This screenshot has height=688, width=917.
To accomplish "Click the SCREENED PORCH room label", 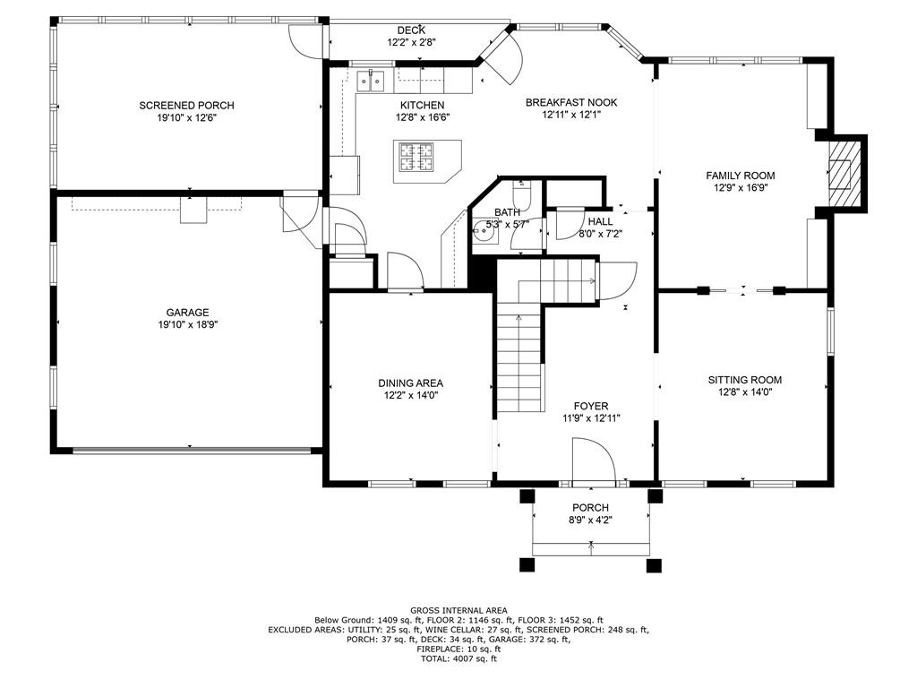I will coord(187,105).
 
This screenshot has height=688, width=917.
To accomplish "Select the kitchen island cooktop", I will coord(416,157).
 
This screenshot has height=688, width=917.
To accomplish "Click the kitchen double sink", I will coord(371,82).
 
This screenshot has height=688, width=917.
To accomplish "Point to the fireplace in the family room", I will coord(842,173).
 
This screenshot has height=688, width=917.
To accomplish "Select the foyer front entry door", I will coord(592,461).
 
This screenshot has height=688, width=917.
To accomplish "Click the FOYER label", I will coord(591,406).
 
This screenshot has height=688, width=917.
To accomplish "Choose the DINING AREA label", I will coord(410,383).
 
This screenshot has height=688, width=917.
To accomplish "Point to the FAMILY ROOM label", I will coord(740,176).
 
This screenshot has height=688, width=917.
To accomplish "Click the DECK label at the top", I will coord(411,30).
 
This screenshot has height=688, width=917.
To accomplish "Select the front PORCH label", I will coord(591,508).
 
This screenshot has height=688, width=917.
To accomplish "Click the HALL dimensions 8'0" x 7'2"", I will coord(599,233).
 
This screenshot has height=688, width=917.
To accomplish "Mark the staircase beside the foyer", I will coord(520,358).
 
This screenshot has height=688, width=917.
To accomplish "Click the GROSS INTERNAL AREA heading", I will coord(458,610).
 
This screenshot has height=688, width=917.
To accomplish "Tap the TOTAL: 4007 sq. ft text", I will coord(458,659).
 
